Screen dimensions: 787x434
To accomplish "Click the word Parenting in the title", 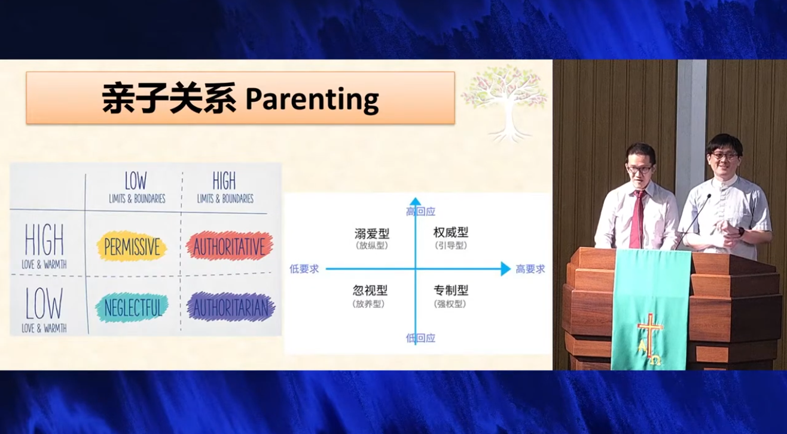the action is (312, 99).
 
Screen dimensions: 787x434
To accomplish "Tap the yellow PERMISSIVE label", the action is (132, 247).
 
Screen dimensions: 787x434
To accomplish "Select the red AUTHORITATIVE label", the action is (230, 246).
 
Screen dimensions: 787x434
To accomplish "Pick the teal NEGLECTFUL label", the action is (132, 307).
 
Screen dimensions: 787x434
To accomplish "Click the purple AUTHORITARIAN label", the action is (230, 307).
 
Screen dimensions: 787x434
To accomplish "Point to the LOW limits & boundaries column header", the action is (137, 187).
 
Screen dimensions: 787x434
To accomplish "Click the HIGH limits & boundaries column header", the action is (225, 187).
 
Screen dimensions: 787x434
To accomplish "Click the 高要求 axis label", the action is (530, 269).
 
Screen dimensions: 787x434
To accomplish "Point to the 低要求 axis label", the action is (304, 269).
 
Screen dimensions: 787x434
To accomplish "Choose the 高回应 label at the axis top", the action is (420, 211).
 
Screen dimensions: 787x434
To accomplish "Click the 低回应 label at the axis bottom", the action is (420, 338).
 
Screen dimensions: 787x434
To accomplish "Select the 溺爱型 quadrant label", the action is (372, 233).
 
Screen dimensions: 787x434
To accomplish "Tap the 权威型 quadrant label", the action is (451, 232).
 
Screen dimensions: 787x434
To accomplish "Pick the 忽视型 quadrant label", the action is (370, 290).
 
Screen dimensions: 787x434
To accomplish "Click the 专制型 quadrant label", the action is (451, 290).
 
